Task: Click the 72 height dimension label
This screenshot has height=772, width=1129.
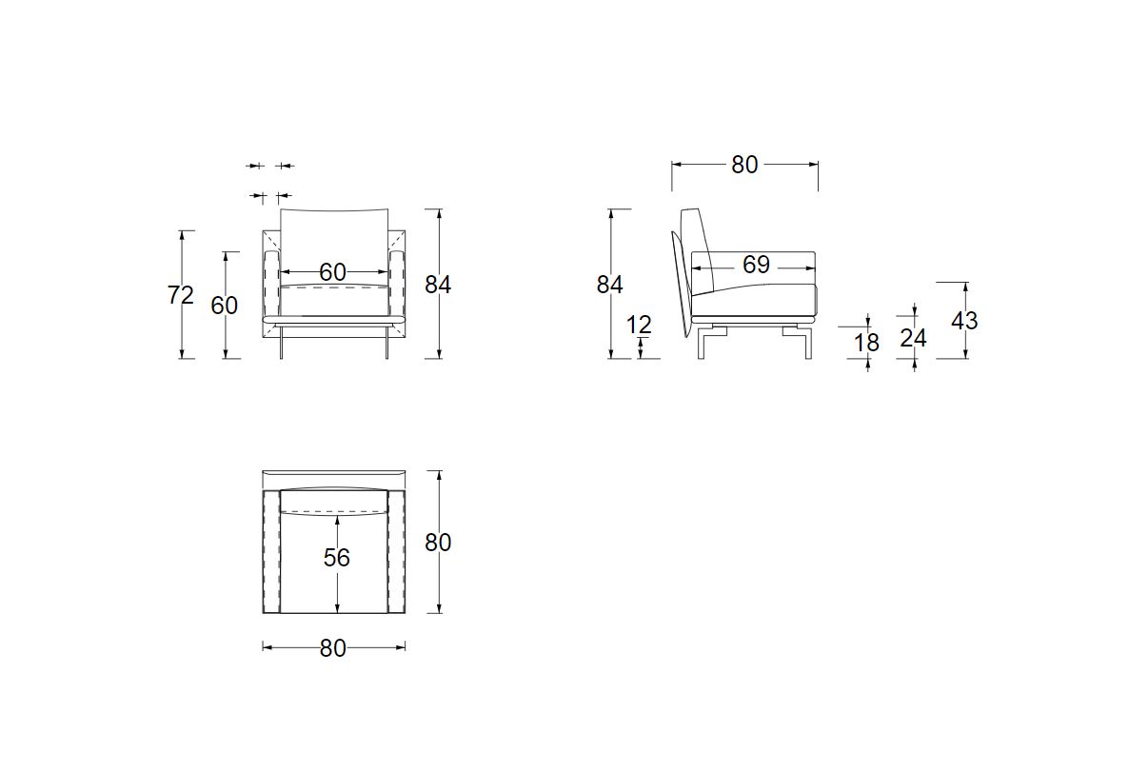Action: [x=181, y=295]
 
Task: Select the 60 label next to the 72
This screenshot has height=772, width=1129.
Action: [x=224, y=307]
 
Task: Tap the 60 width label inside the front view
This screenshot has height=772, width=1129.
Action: [x=332, y=272]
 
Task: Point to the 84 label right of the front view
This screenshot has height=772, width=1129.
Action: [x=438, y=286]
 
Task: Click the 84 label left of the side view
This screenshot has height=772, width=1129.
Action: [x=609, y=286]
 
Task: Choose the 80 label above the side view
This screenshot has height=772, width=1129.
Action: [x=744, y=165]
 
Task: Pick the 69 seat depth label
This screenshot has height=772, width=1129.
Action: [x=756, y=265]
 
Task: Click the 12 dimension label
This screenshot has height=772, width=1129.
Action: [x=639, y=325]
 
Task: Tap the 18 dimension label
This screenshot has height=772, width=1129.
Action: [x=867, y=343]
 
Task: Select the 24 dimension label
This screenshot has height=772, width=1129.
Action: [x=913, y=338]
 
